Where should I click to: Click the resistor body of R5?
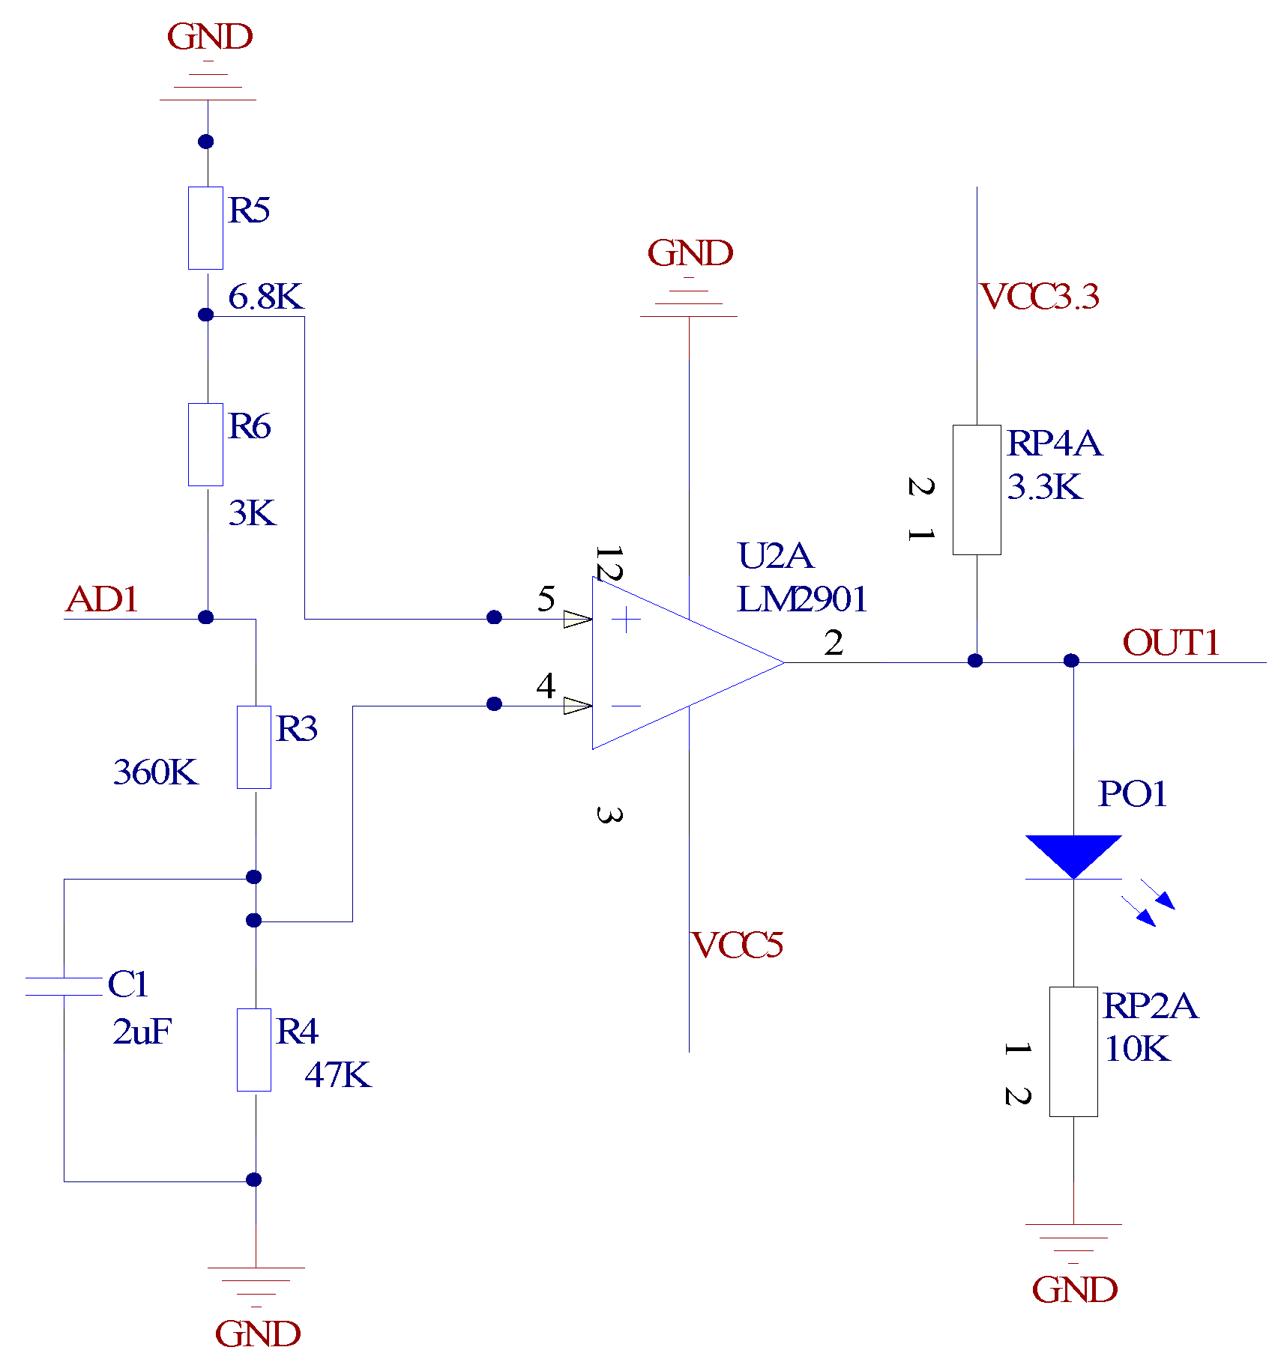coord(205,228)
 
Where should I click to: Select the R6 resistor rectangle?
coord(205,444)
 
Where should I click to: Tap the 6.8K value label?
coord(265,297)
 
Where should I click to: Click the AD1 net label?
coord(102,599)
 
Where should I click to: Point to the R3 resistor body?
coord(254,747)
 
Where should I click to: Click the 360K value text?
coord(155,772)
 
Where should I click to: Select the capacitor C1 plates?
coord(64,987)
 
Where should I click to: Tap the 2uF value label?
coord(142,1032)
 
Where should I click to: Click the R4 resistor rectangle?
coord(254,1050)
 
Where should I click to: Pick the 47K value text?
coord(337,1075)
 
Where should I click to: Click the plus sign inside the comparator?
coord(625,620)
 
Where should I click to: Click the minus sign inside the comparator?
coord(625,706)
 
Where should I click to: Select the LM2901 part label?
coord(801,599)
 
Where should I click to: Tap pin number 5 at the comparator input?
coord(546,599)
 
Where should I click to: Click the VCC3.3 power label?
coord(1039,297)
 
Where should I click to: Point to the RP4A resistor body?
coord(976,490)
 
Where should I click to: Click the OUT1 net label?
coord(1171,643)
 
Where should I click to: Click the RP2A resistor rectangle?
coord(1073,1051)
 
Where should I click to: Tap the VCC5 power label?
coord(737,945)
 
